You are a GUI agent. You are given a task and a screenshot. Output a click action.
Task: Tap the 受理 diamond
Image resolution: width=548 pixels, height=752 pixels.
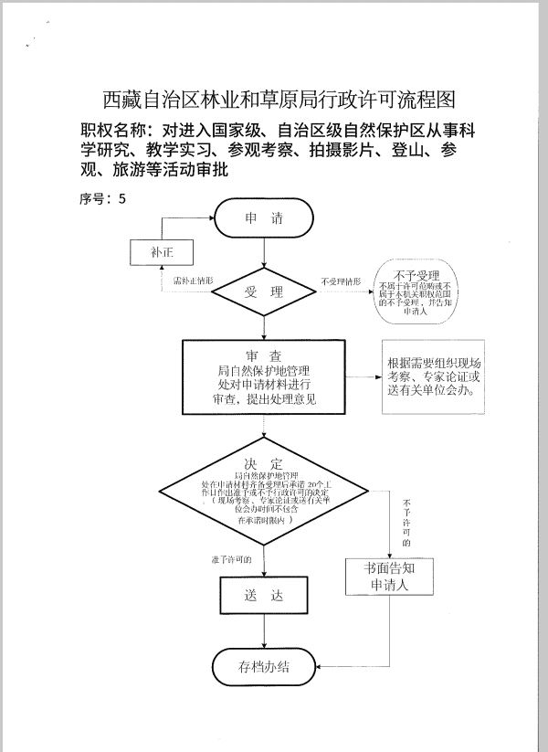click(264, 292)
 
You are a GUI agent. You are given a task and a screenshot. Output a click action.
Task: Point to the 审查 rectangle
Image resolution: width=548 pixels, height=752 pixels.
click(264, 378)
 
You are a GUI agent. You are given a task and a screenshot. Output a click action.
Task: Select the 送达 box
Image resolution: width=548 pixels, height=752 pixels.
click(264, 596)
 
